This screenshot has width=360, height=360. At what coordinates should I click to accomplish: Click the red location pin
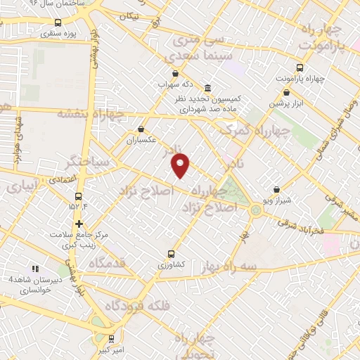click(181, 164)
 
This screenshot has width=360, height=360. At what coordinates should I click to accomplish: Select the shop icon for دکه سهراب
click(174, 73)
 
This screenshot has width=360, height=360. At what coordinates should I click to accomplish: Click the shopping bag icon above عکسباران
click(141, 129)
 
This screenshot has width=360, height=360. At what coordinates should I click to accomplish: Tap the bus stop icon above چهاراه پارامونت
click(300, 67)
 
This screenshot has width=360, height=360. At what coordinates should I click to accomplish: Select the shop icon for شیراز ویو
click(276, 189)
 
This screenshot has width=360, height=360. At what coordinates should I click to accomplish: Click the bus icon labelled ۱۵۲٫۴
click(77, 196)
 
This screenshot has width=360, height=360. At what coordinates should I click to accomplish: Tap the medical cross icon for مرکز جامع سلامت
click(79, 224)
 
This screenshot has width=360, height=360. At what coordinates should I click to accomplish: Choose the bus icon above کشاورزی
click(171, 254)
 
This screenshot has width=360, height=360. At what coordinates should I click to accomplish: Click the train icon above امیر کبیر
click(111, 338)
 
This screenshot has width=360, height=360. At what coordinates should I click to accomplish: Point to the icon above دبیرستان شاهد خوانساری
click(35, 269)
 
